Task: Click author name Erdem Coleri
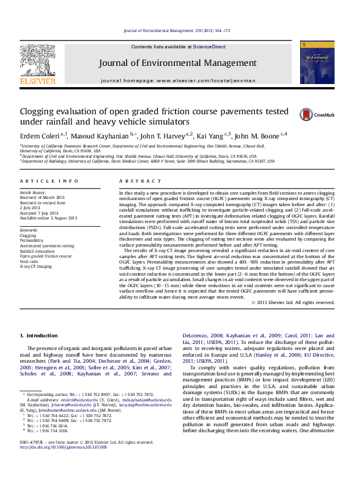point(39,136)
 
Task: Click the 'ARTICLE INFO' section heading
point(49,181)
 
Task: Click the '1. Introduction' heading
point(39,336)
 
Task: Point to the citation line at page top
point(177,30)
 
